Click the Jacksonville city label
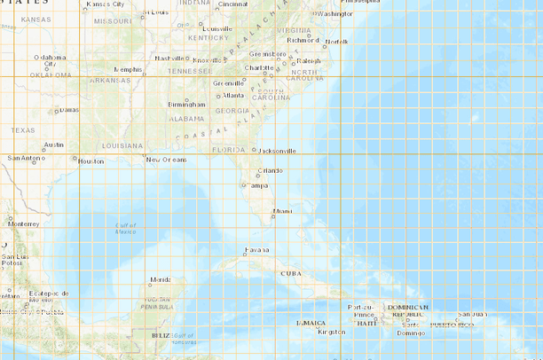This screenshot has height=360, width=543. click(278, 151)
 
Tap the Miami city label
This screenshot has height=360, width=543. click(283, 211)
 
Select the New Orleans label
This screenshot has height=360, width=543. click(167, 160)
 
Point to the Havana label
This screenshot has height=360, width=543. click(256, 250)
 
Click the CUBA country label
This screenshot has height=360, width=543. click(291, 273)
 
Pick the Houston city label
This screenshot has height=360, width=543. click(90, 161)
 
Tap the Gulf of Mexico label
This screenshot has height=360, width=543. click(126, 229)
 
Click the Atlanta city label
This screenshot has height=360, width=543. click(233, 95)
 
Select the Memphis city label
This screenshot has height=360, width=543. click(128, 69)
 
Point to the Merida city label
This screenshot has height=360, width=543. click(161, 279)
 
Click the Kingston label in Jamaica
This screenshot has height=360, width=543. click(331, 332)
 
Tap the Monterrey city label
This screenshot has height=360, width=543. click(25, 223)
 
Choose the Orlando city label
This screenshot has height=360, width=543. click(271, 170)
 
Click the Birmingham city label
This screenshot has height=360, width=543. click(186, 105)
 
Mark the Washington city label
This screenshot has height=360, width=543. click(334, 14)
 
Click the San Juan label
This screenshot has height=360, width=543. click(471, 315)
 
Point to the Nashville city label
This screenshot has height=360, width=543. click(169, 59)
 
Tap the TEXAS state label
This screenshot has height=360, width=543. click(23, 130)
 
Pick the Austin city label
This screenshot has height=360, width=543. click(53, 144)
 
